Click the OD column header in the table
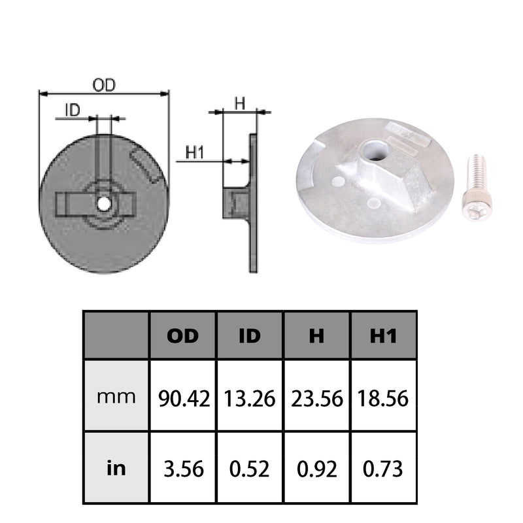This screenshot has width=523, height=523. coord(183,336)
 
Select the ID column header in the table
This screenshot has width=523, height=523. coord(250,336)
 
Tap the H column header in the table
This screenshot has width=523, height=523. coord(316,336)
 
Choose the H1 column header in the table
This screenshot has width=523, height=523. coord(384,336)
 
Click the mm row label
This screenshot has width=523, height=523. coord(116,397)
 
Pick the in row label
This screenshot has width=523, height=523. coord(116,468)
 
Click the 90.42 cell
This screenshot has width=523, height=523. coord(184,398)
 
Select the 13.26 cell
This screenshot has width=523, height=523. coord(250,398)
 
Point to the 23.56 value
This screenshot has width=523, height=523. coord(317,398)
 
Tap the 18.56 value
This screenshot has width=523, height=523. coord(383,398)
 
